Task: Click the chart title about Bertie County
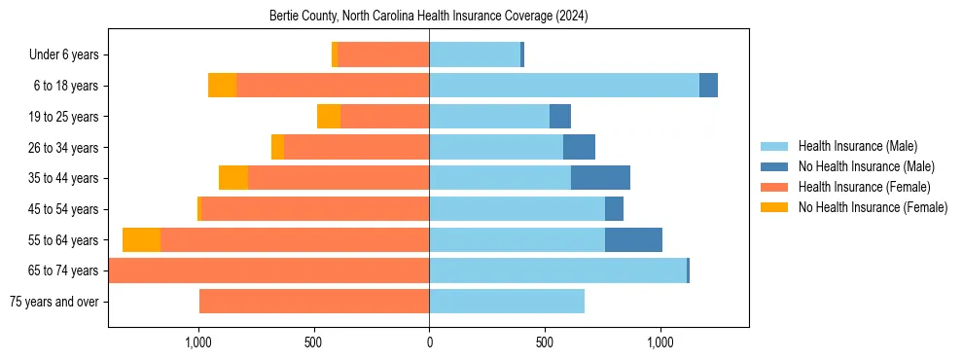coord(428,17)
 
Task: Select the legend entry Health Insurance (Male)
coord(857,146)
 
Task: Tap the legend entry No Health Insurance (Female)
coord(873,207)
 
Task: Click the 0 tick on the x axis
coord(429,342)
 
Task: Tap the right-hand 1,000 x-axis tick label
coord(660,342)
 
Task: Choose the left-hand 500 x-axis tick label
coord(313,342)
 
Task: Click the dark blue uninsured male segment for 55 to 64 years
coord(633,240)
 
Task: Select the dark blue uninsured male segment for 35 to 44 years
coord(600,178)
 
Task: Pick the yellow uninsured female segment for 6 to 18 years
coord(223,86)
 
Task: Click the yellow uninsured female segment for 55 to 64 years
coord(142,240)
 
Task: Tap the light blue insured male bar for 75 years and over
coord(507,302)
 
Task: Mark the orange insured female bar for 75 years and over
coord(314,302)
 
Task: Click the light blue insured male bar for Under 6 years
coord(475,55)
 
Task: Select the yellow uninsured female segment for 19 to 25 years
coord(329,117)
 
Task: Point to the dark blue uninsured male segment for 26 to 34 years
coord(579,148)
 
